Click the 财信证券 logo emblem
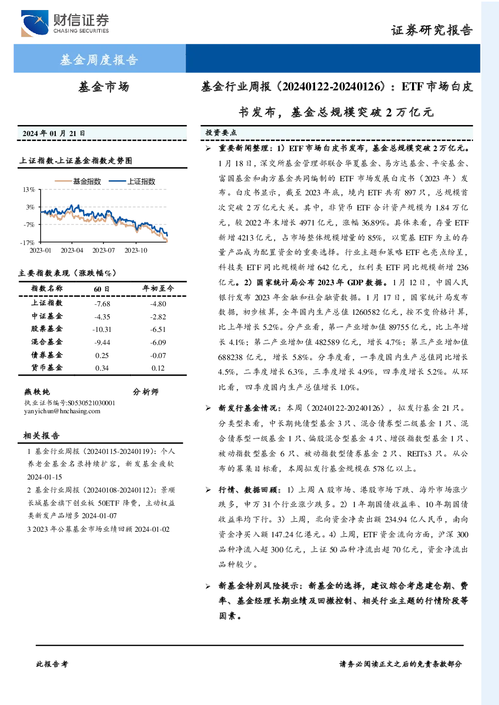35,23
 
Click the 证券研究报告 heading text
432,31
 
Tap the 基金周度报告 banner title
99,60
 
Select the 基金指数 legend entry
78,181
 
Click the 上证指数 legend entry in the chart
132,181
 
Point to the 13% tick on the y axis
29,189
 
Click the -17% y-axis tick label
27,243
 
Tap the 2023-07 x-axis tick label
104,250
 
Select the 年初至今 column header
158,288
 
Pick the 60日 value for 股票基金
102,329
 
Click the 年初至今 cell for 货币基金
158,368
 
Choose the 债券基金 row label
47,355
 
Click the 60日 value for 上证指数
102,304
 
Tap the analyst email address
62,411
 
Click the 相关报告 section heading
41,435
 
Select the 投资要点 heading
221,133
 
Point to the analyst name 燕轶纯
37,392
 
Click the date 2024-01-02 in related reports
152,529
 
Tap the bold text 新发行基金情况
248,408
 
